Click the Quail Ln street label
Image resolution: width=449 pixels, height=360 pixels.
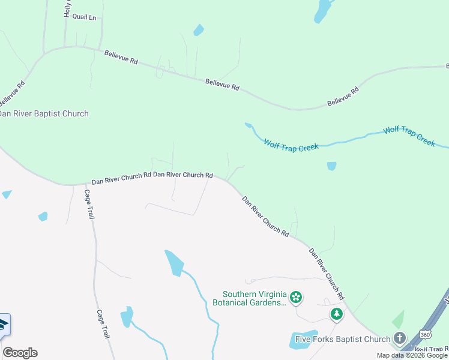84,17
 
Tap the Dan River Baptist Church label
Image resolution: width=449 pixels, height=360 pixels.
43,113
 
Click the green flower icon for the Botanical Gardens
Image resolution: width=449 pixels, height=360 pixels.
295,297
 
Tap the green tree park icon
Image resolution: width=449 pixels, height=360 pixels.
337,314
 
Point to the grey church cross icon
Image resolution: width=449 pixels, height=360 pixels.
399,338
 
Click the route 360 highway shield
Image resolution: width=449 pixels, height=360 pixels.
425,334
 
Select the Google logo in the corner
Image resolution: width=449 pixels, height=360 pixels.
20,353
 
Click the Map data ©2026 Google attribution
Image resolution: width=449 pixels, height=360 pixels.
412,355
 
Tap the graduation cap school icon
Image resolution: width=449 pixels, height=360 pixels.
3,325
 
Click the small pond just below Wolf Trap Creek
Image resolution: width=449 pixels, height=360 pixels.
331,166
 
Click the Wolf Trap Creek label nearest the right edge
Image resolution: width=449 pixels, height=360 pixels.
409,136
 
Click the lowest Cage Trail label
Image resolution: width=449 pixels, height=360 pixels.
103,324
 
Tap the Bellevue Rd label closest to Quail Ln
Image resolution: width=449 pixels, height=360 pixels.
121,58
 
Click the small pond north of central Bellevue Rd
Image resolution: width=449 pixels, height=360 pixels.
198,30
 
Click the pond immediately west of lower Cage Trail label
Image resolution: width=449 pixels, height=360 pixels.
127,316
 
